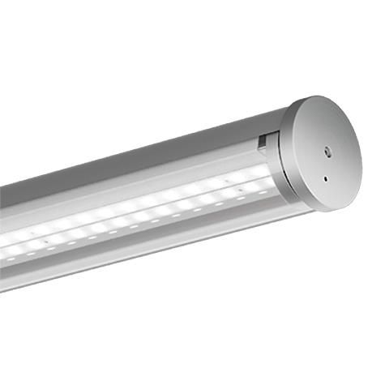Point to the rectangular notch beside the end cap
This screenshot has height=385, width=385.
click(262, 143)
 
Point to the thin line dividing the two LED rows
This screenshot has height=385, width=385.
click(162, 208)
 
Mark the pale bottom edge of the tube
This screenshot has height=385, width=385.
click(122, 272)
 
